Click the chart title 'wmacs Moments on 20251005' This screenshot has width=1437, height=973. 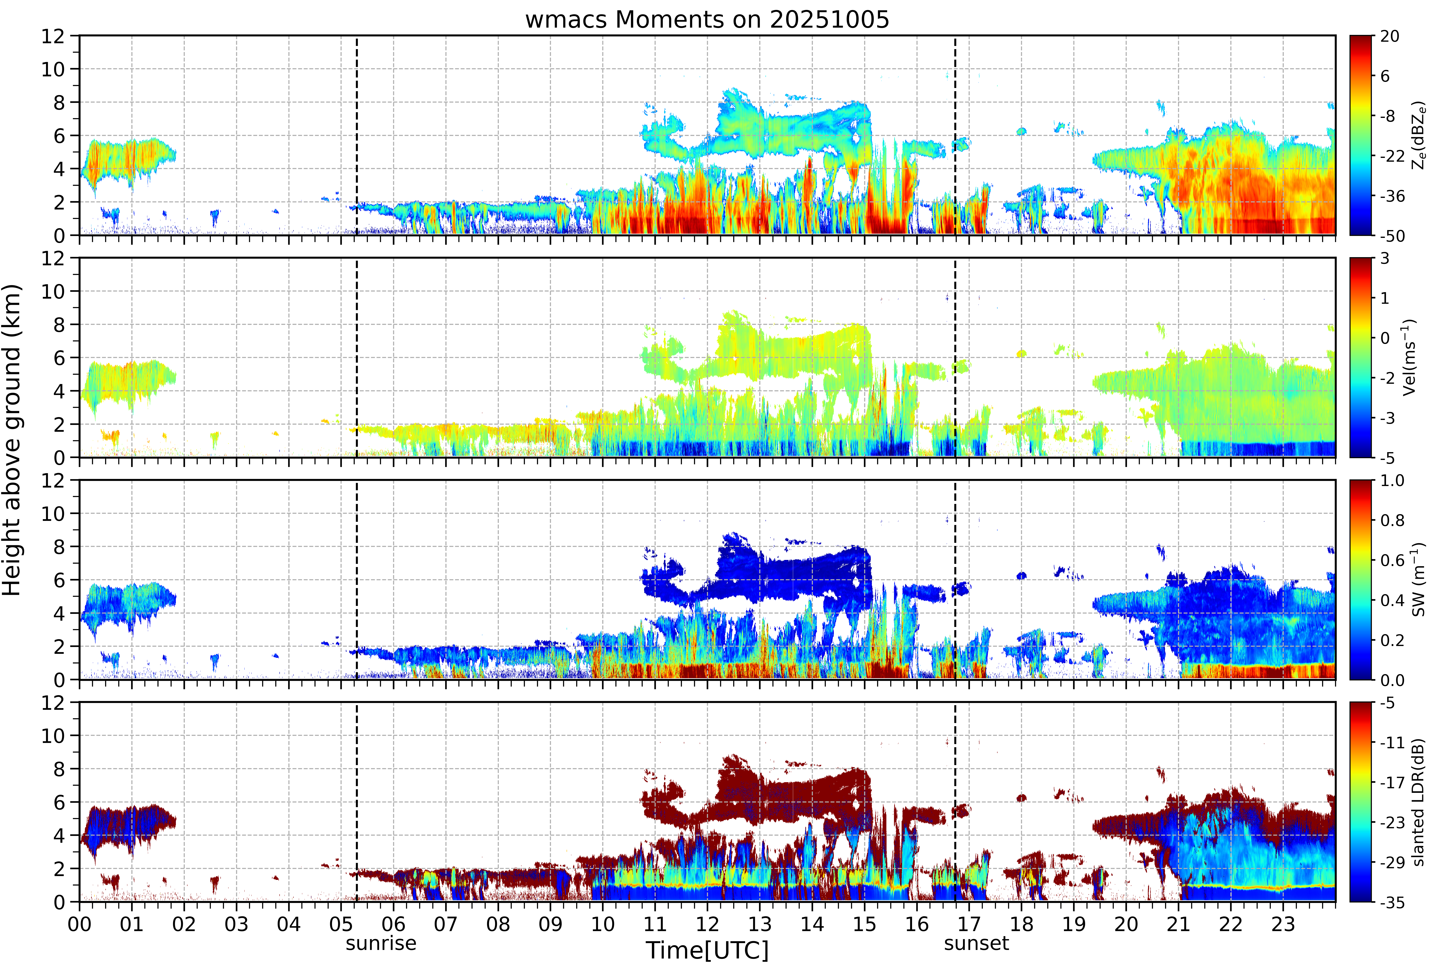pyautogui.click(x=707, y=20)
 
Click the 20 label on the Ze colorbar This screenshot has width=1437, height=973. pyautogui.click(x=1389, y=37)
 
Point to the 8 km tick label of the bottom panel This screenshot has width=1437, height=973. pyautogui.click(x=59, y=769)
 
